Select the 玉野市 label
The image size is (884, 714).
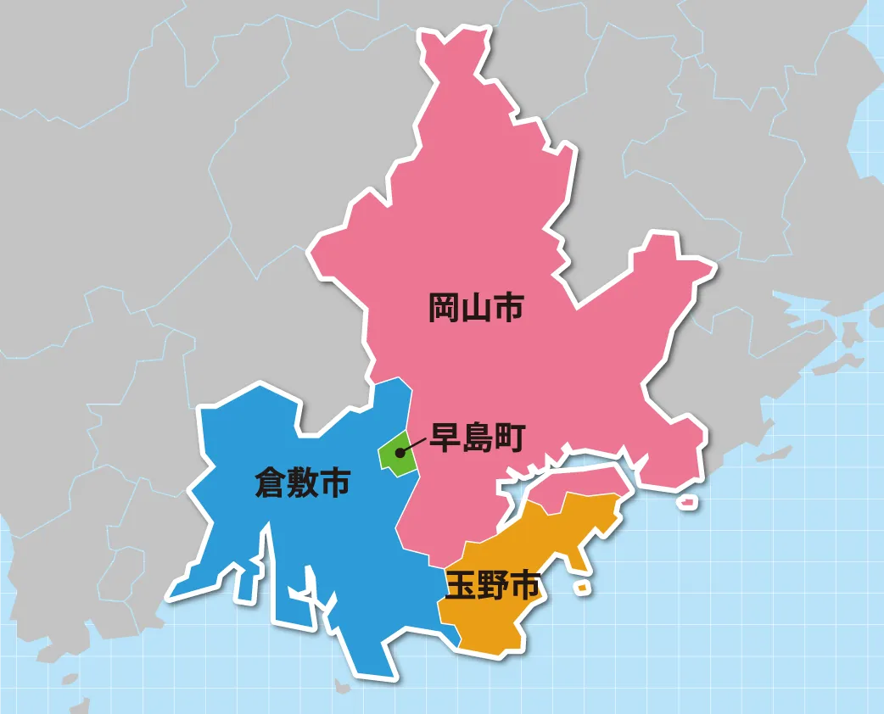pyautogui.click(x=492, y=585)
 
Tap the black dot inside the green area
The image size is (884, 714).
pyautogui.click(x=399, y=452)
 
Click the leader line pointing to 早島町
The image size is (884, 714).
pyautogui.click(x=413, y=445)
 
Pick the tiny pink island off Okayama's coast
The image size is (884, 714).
pyautogui.click(x=687, y=502)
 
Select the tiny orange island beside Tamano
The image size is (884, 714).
pyautogui.click(x=583, y=587)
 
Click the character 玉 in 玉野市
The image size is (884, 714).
pyautogui.click(x=461, y=585)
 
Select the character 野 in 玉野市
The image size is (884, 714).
pyautogui.click(x=492, y=585)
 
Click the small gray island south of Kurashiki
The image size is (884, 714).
pyautogui.click(x=342, y=685)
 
